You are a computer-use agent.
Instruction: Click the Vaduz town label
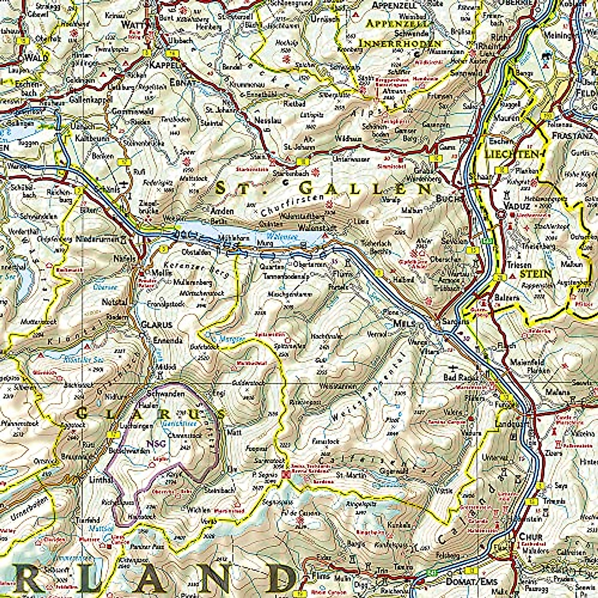pyautogui.click(x=511, y=205)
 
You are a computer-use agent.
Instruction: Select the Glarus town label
pyautogui.click(x=156, y=324)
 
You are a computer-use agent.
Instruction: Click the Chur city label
pyautogui.click(x=527, y=537)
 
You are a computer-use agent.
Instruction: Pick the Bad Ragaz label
pyautogui.click(x=457, y=378)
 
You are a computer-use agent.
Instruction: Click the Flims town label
pyautogui.click(x=320, y=576)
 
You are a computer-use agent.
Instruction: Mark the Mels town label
pyautogui.click(x=404, y=323)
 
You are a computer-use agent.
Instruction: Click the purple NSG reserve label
pyautogui.click(x=152, y=443)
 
